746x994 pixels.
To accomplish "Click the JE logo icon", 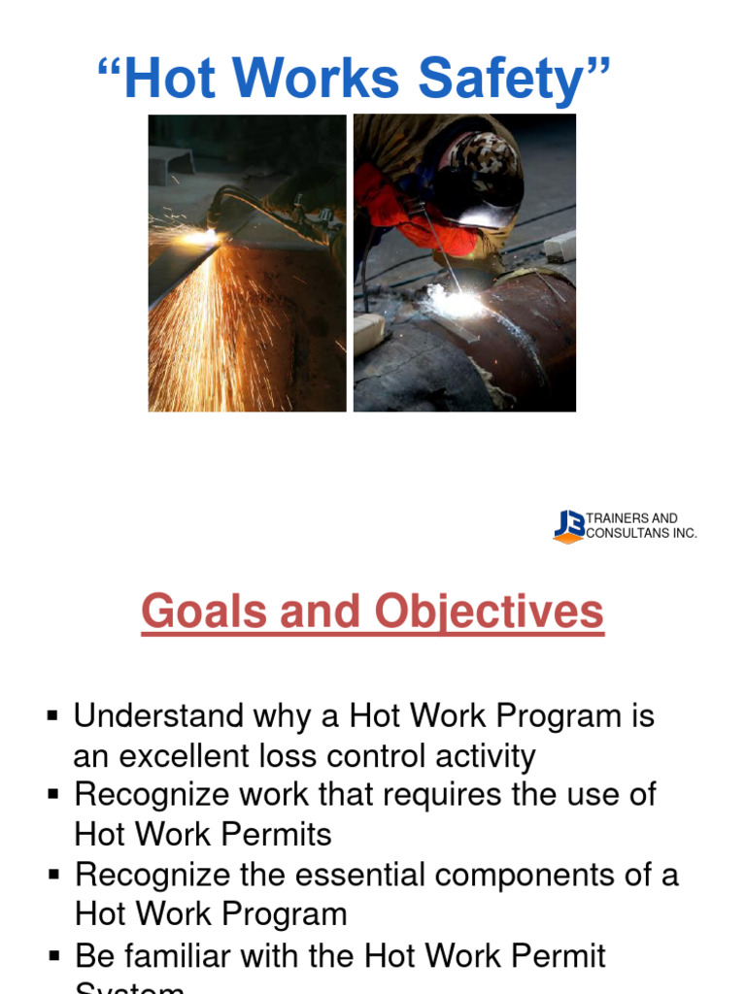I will pos(569,525).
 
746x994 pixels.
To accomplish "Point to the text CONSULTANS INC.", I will pos(642,533).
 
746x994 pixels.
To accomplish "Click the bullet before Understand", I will pos(53,716).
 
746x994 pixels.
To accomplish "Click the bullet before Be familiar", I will pos(53,956).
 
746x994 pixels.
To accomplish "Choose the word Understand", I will pos(159,716).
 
